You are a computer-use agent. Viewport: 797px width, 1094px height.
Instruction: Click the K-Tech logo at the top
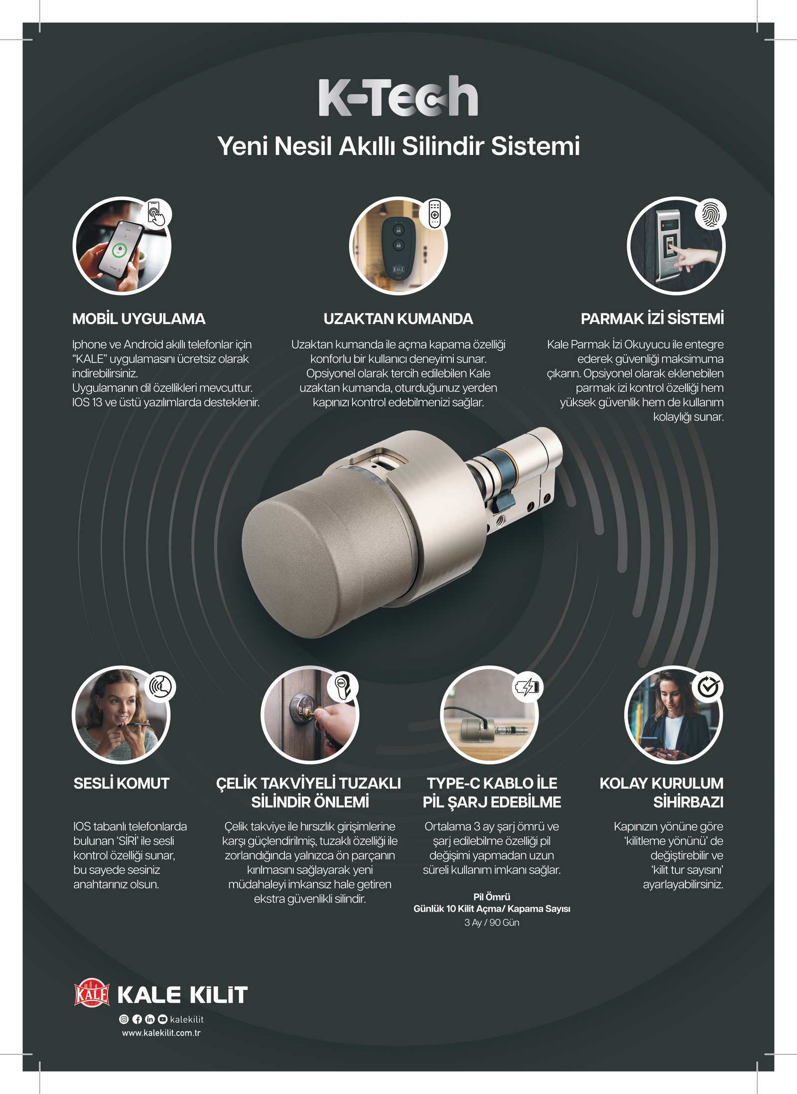point(398,96)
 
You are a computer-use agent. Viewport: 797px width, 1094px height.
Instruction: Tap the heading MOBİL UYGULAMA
point(139,319)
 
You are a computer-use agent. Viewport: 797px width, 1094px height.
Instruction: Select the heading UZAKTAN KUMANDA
point(398,319)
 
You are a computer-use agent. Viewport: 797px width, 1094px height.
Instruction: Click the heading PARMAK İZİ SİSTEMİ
point(652,319)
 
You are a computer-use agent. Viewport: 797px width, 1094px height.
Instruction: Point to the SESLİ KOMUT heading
point(122,783)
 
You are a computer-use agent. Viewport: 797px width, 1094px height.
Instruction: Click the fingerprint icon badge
point(710,214)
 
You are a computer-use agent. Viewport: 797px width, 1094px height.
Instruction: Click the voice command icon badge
point(160,686)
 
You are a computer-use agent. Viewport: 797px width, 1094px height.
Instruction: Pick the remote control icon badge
point(434,214)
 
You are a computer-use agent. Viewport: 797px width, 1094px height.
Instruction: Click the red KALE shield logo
point(92,992)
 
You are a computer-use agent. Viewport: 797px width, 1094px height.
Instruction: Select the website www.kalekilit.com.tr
point(161,1033)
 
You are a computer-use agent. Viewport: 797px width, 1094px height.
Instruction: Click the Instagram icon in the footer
point(124,1019)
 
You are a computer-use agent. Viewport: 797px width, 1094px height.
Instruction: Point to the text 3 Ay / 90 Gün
point(492,923)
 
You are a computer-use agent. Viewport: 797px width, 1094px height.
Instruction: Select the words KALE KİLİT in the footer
point(182,994)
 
